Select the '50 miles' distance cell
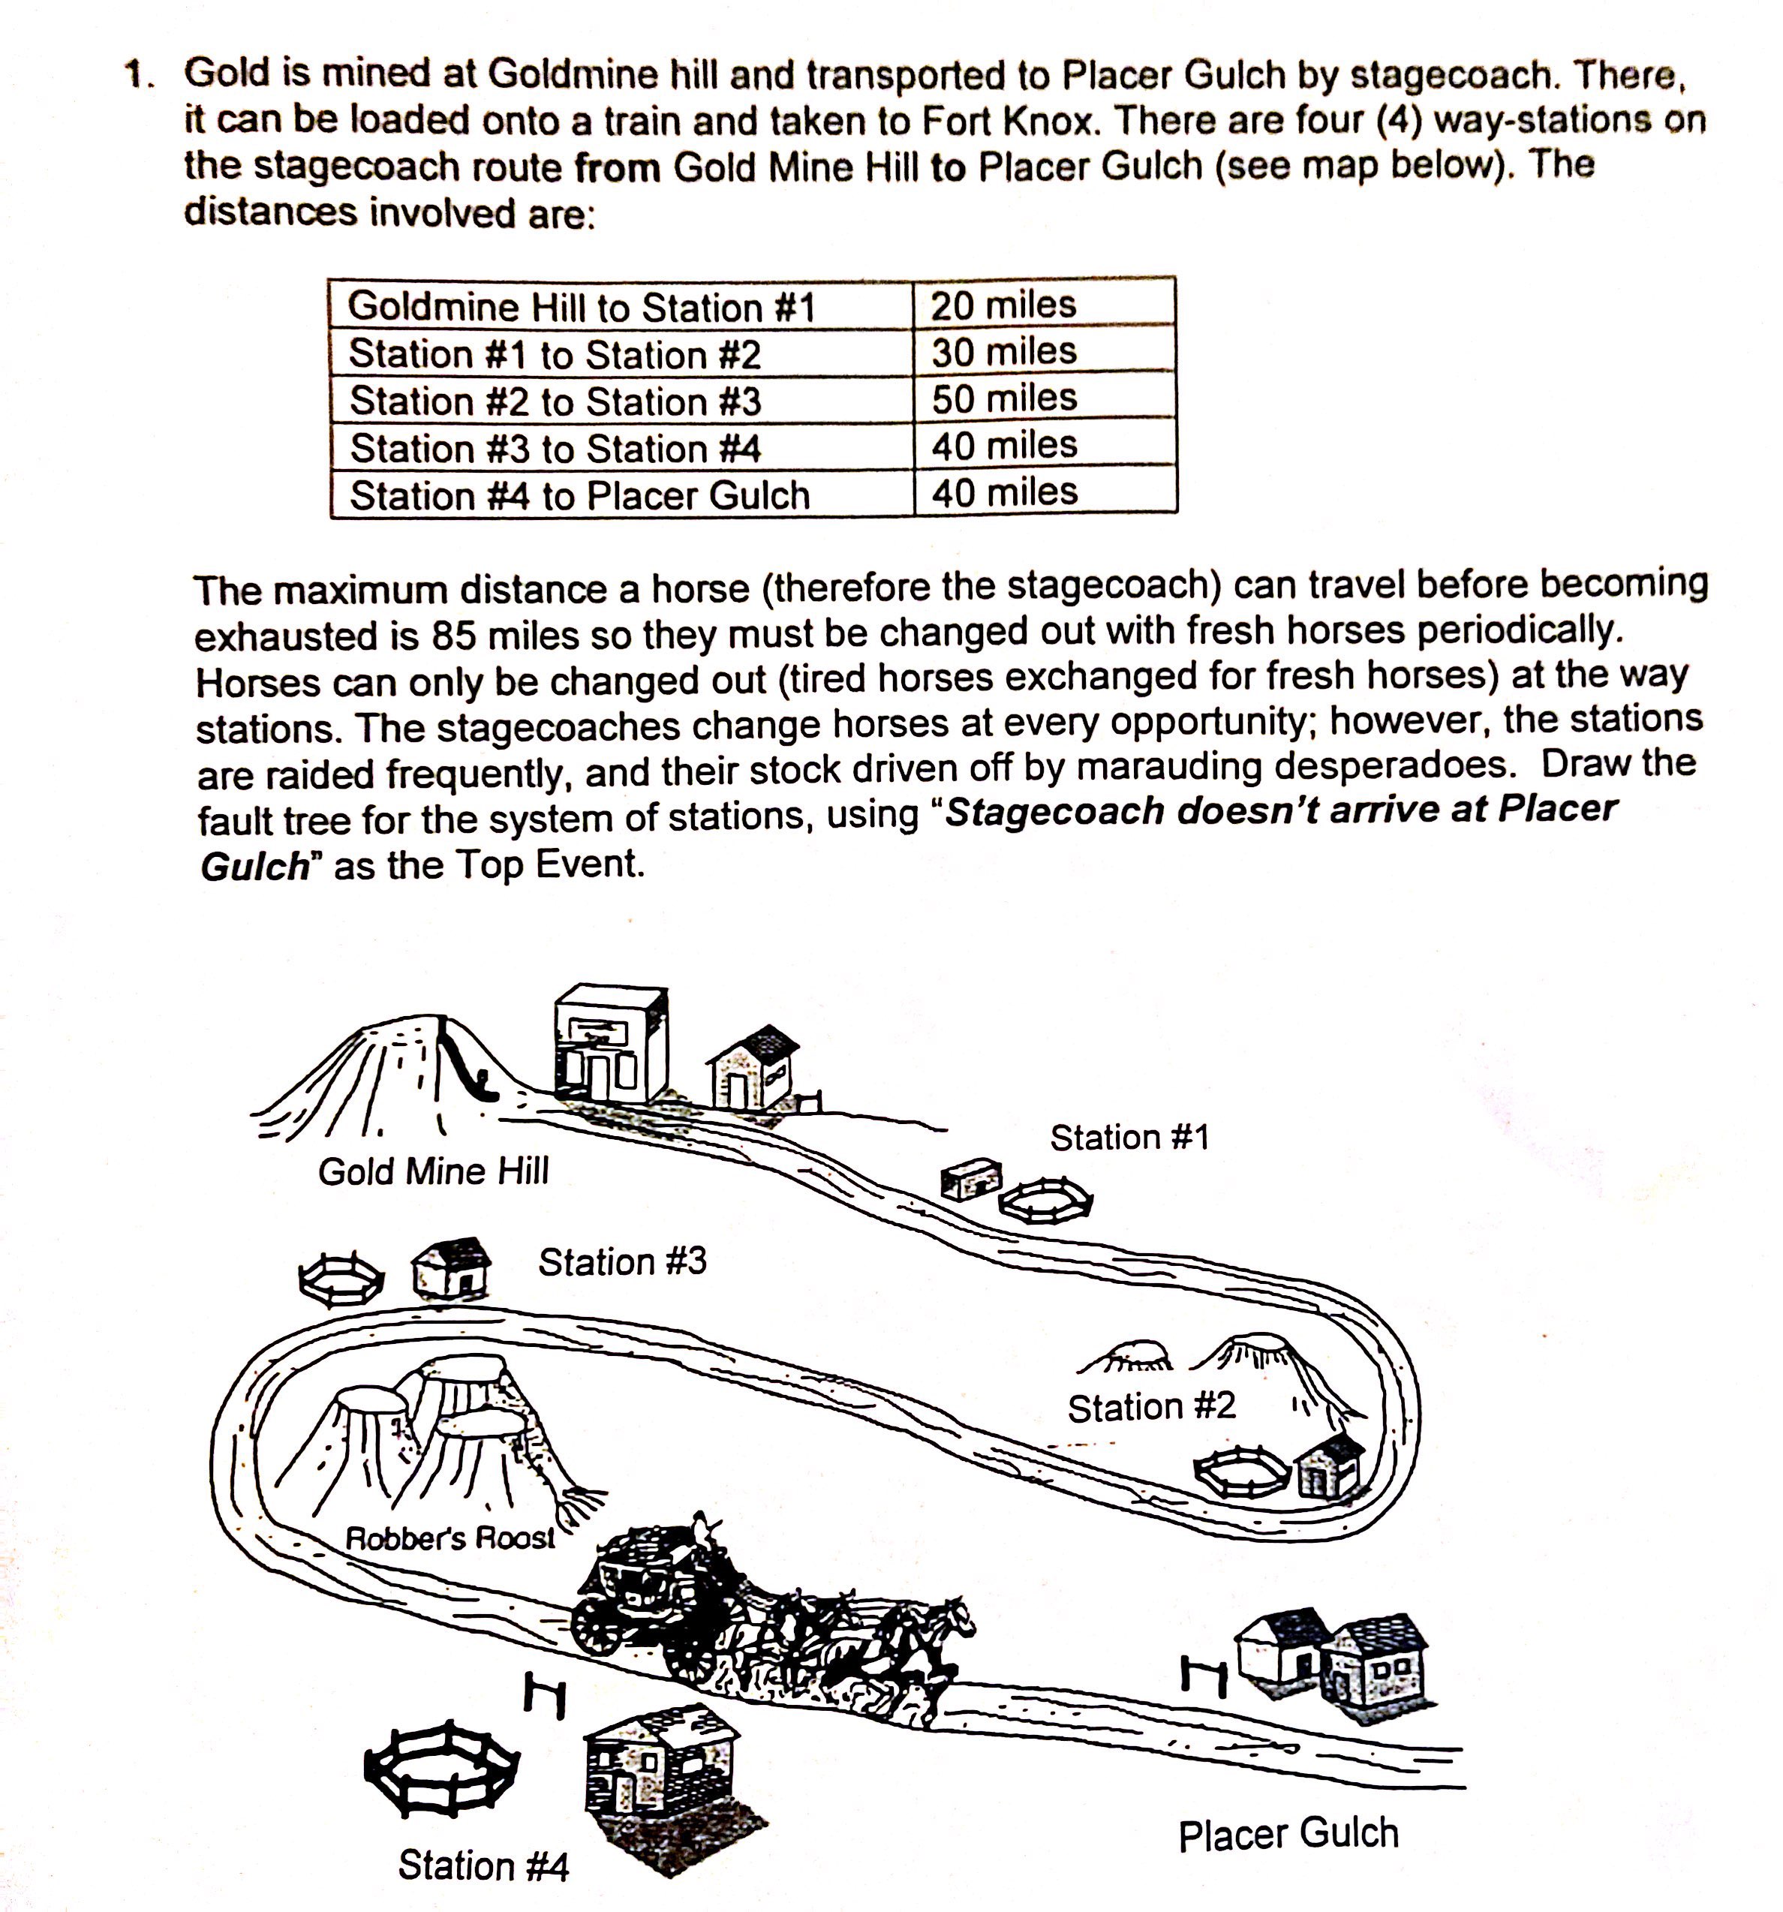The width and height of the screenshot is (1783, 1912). [1003, 397]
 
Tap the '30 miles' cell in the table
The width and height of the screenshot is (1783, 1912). [1003, 351]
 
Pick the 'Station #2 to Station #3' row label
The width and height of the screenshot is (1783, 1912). [555, 401]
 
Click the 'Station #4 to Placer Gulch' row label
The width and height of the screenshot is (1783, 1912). [579, 495]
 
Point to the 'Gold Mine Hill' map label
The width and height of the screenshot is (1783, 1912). [433, 1171]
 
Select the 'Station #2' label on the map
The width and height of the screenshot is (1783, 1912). [1150, 1407]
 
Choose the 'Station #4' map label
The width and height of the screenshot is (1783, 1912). [483, 1865]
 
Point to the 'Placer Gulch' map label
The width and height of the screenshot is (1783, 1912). [1288, 1834]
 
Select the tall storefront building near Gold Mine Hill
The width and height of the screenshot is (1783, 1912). [610, 1044]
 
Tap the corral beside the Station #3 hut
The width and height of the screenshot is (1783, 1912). [341, 1278]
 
